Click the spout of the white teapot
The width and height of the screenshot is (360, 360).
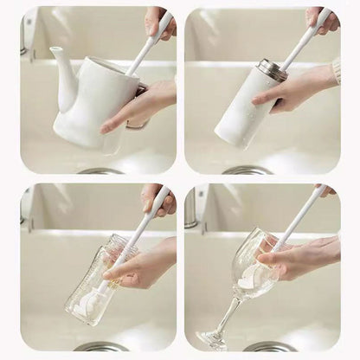60,68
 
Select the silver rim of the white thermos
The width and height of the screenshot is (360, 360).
272,70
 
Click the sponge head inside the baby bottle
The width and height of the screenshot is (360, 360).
90,302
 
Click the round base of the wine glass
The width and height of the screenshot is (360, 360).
211,339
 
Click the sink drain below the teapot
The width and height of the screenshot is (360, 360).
100,170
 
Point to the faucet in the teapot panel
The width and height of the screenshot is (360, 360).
25,35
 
